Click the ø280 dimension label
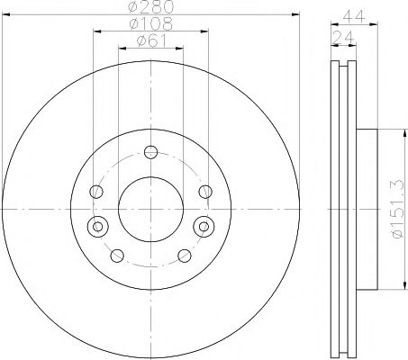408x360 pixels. click(151, 6)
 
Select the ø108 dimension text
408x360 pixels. click(151, 24)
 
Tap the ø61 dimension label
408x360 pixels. click(151, 40)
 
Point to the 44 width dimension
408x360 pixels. click(354, 17)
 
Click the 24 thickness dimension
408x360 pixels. click(343, 38)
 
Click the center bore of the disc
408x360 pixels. click(150, 209)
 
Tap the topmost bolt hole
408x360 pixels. click(150, 152)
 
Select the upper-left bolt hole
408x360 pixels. click(96, 192)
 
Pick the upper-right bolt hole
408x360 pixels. click(205, 192)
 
